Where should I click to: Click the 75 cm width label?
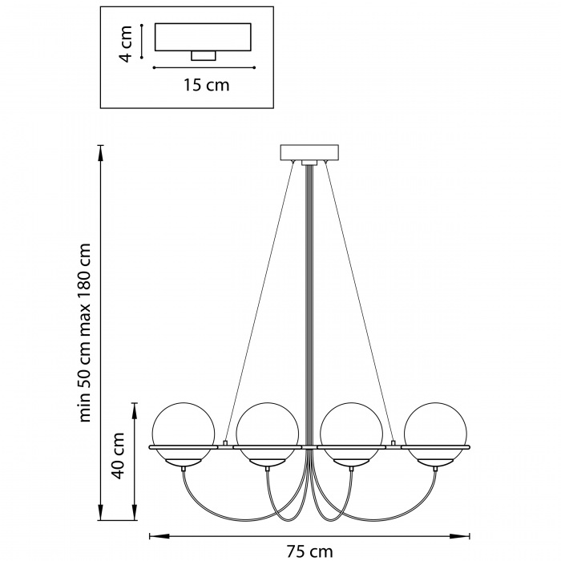click(310, 551)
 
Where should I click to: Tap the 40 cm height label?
click(118, 455)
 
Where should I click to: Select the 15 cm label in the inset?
click(207, 85)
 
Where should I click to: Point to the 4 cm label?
click(126, 43)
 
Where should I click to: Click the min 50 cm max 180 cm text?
click(85, 333)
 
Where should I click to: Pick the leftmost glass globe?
click(184, 434)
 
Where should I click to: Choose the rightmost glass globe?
click(435, 434)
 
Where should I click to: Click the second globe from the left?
click(268, 434)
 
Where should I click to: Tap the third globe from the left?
click(352, 434)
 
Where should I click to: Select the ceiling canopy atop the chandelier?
click(309, 152)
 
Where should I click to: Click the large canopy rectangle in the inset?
click(203, 37)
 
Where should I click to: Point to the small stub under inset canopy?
click(204, 55)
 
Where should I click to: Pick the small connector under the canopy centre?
click(309, 163)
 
